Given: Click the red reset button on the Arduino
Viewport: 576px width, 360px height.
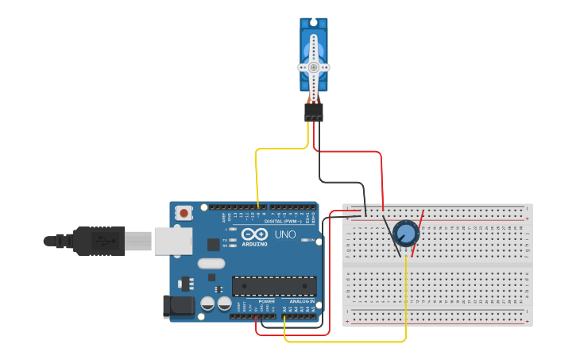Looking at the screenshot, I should (x=184, y=213).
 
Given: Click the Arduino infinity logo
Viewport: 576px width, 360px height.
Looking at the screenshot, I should (x=255, y=235).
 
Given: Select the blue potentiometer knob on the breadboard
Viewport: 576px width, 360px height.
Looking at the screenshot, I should (x=406, y=234).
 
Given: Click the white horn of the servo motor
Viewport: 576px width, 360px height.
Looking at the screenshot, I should (x=314, y=68).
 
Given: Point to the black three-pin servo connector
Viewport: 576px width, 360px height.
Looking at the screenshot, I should (x=314, y=113).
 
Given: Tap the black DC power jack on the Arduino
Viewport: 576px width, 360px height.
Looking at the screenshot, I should (x=174, y=307).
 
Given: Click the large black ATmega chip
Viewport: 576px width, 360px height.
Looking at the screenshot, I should (x=274, y=286).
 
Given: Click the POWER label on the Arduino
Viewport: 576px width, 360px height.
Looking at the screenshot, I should (x=267, y=301).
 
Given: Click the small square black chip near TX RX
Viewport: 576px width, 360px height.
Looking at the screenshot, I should (x=214, y=245).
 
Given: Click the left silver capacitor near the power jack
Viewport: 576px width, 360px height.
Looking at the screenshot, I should (x=207, y=304).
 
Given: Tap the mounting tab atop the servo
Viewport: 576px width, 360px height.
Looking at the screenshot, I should (x=314, y=23).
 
